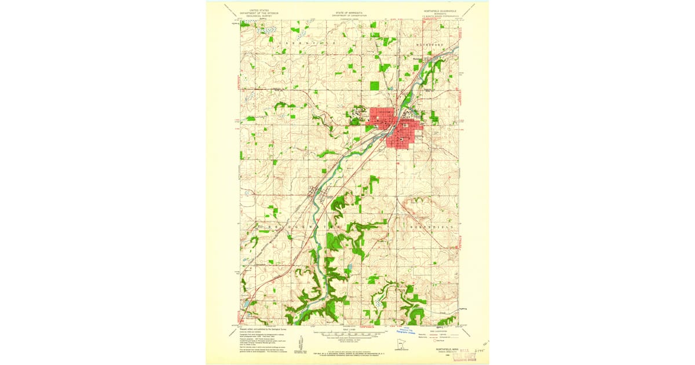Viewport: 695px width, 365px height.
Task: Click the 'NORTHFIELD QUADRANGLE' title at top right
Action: pyautogui.click(x=440, y=10)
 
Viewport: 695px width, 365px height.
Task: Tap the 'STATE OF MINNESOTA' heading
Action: pyautogui.click(x=348, y=10)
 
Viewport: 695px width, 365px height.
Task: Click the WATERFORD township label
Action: pyautogui.click(x=430, y=44)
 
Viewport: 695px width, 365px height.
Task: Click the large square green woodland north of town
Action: pyautogui.click(x=375, y=86)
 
